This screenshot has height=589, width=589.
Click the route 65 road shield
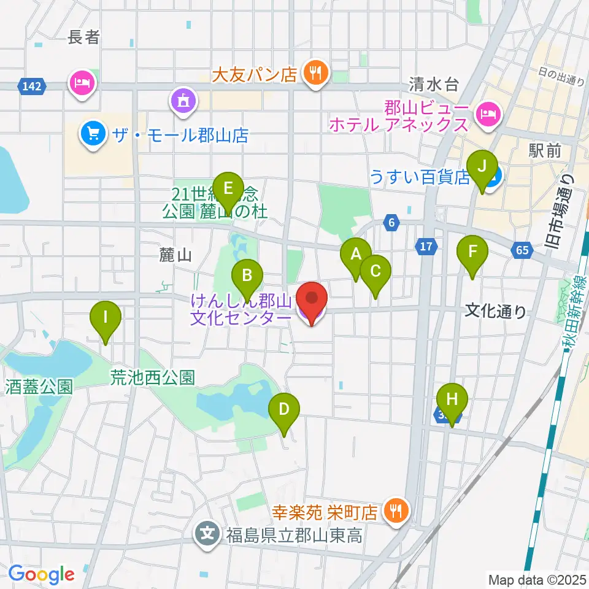522,250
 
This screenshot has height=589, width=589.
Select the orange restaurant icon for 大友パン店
316,74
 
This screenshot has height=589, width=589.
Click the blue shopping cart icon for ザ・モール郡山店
93,133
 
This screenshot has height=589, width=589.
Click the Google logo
42,574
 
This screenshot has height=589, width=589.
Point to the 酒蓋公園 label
39,387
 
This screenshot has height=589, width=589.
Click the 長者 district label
84,37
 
